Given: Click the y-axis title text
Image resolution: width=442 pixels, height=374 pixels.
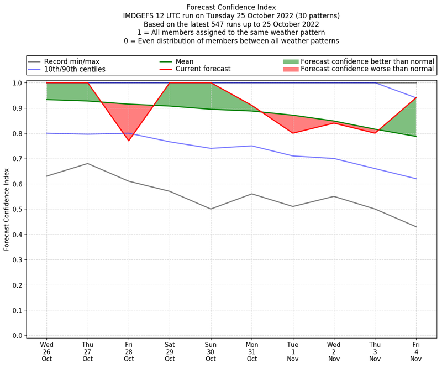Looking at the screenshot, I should [x=7, y=209].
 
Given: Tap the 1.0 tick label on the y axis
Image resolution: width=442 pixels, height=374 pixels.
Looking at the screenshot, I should [x=17, y=83].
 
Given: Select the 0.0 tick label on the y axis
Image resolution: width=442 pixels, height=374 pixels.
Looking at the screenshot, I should [x=17, y=336].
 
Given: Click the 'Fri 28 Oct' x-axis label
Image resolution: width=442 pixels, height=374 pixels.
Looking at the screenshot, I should [x=129, y=351].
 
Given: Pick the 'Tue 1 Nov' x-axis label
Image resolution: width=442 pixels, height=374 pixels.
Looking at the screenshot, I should [x=293, y=351].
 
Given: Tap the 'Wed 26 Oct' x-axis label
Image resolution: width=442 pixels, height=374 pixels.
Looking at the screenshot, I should [x=46, y=351].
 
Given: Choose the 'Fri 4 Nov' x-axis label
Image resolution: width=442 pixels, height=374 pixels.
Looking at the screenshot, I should [x=416, y=351].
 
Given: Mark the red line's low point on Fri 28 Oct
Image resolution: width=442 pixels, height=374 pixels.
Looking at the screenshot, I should [x=129, y=141].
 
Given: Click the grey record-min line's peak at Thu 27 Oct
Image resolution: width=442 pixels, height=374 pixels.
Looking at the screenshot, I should [x=87, y=163].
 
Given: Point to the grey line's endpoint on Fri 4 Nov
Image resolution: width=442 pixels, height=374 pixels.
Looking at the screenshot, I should [x=416, y=227].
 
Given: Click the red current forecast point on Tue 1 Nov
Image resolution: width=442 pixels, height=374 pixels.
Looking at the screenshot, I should [x=293, y=133].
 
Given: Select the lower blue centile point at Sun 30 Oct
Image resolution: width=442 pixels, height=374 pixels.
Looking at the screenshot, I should [x=211, y=148].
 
